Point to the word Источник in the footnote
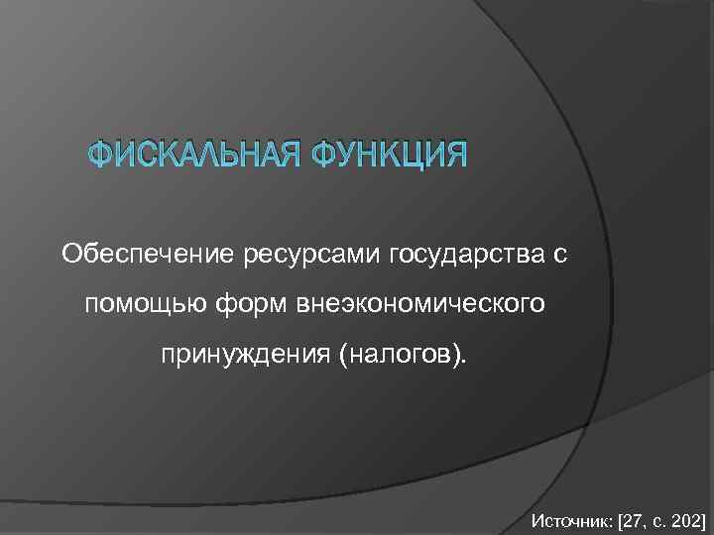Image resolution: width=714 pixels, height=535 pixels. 571,519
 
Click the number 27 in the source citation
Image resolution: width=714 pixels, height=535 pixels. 635,519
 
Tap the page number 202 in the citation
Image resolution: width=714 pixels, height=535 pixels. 684,519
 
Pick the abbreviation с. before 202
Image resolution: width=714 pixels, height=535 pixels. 658,519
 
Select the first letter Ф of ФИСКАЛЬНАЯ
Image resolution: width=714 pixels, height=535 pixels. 100,157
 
